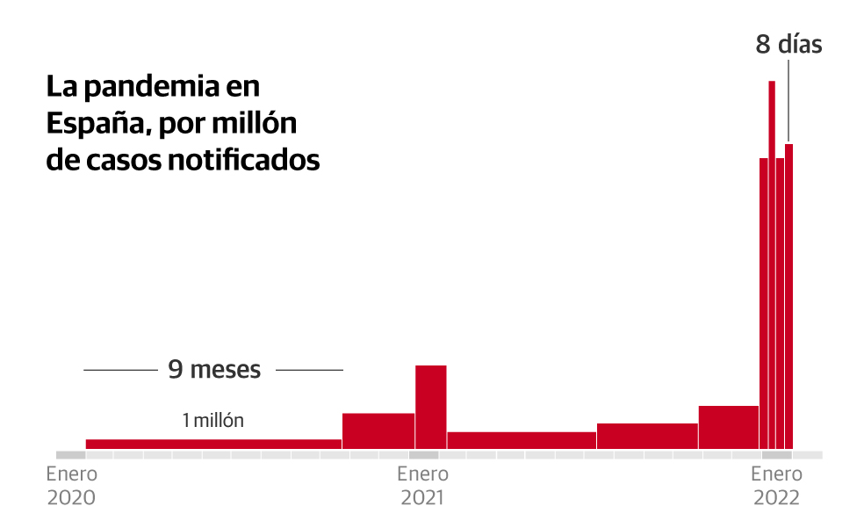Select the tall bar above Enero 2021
coord(430,407)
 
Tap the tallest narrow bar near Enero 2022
coord(772,264)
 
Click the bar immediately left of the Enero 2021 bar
coord(378,430)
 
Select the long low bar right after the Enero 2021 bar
coord(522,440)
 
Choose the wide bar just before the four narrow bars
coord(728,427)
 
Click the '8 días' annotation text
coord(788,45)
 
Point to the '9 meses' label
coord(214,370)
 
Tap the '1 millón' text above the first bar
coord(212,421)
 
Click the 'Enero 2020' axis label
coord(71,486)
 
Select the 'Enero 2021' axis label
coord(422,486)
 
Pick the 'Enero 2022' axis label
coord(775,486)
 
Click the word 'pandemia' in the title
coord(144,88)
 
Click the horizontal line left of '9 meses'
coord(119,371)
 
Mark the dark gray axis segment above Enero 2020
coord(71,455)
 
